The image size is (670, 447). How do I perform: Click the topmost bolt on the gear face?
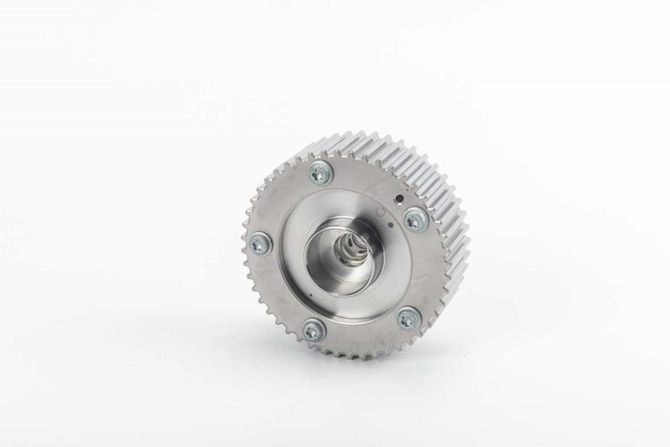321,173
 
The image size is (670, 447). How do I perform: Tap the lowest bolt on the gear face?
313,329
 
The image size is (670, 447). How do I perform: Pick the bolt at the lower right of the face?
407,318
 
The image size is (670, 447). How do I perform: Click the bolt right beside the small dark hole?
415,218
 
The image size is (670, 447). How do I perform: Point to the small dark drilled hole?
399,198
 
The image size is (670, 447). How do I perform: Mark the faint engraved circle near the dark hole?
381,212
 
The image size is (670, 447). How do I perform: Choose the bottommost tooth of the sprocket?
357,355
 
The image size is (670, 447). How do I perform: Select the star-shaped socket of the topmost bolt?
321,173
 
